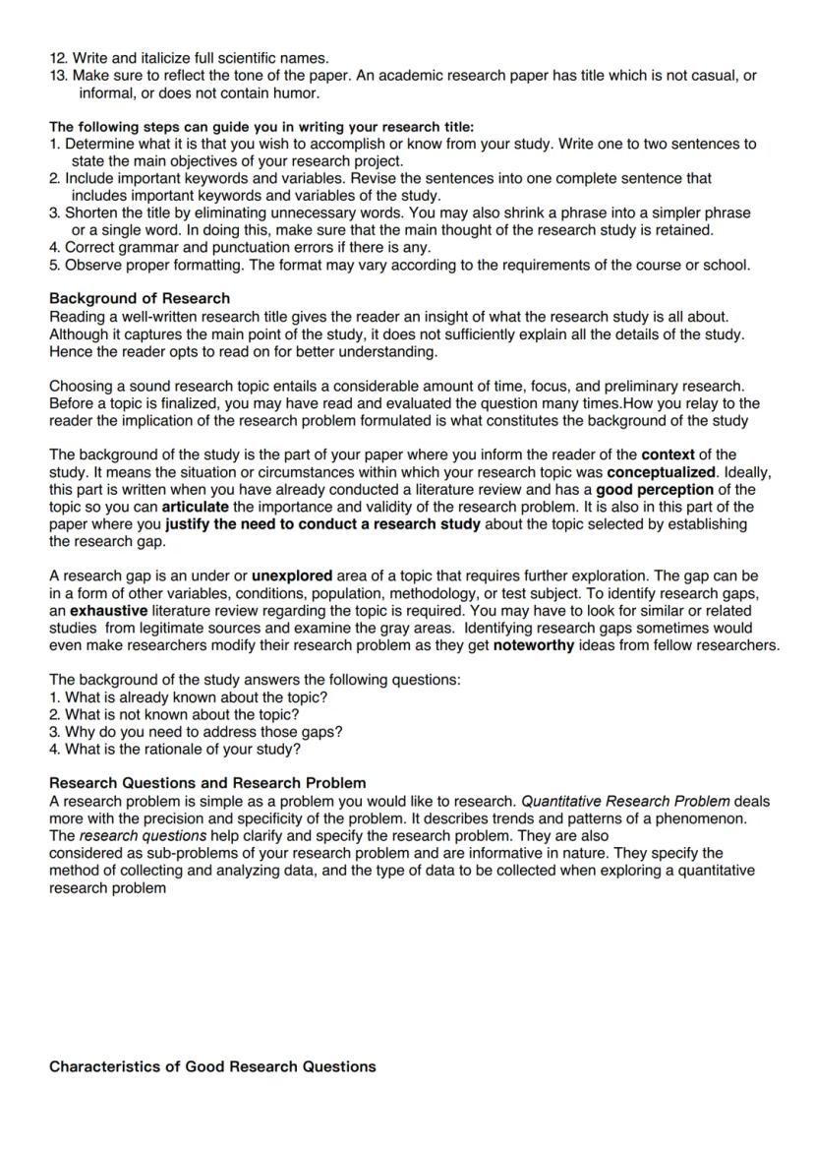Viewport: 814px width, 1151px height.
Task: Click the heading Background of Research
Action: click(x=140, y=298)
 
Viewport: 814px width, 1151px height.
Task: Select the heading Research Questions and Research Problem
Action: click(x=207, y=783)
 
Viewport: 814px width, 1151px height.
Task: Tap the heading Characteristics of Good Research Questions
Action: click(x=212, y=1066)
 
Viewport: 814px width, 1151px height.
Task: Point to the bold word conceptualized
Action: click(x=662, y=472)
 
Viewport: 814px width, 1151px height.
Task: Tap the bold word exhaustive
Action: click(x=109, y=610)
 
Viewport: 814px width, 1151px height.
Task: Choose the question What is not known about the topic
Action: click(x=182, y=714)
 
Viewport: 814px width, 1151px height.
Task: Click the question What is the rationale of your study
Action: click(x=182, y=749)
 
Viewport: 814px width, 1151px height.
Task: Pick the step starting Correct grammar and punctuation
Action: click(x=241, y=247)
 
